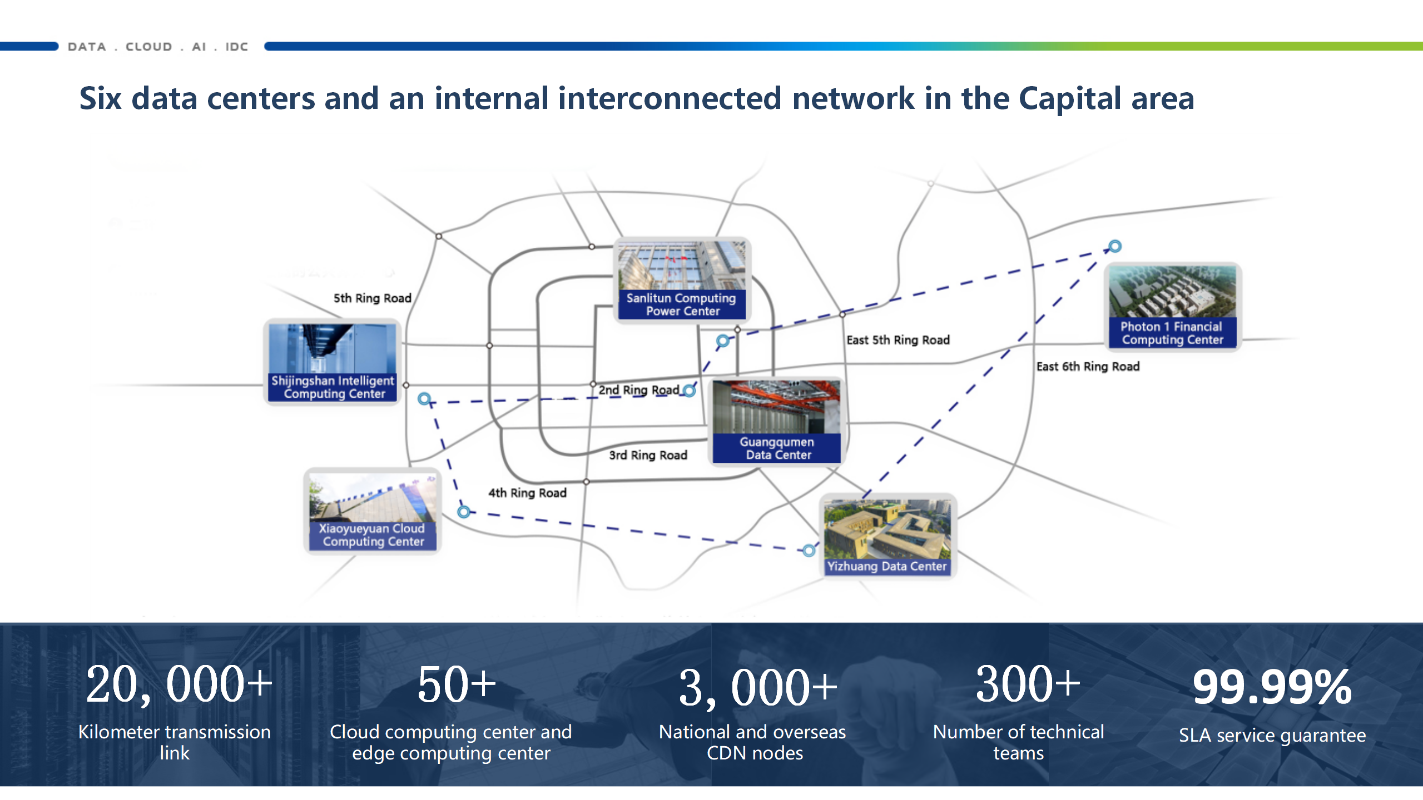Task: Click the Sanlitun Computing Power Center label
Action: tap(681, 304)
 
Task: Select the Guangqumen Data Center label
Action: tap(777, 448)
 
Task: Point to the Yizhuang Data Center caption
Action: tap(887, 566)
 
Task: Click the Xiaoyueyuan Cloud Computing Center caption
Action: tap(373, 535)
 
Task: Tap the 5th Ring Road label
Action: tap(373, 298)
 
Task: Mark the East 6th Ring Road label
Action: tap(1088, 367)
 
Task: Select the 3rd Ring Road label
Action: tap(648, 456)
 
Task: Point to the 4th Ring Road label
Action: tap(527, 493)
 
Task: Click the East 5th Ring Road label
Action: tap(898, 340)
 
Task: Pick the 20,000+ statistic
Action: tap(179, 684)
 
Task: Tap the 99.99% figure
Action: tap(1272, 687)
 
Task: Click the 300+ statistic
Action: tap(1028, 684)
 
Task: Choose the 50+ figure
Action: tap(457, 684)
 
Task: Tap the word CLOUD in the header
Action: tap(149, 47)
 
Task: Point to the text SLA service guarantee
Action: tap(1272, 735)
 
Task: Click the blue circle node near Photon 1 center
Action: tap(1115, 246)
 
